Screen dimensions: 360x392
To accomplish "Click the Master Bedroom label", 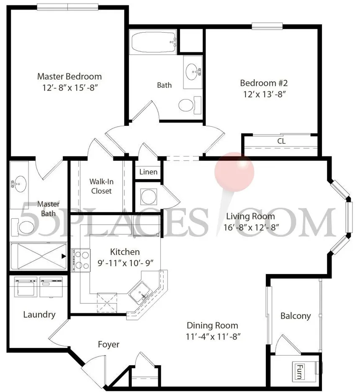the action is (69, 77).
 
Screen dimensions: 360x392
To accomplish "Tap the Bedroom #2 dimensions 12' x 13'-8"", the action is (265, 94).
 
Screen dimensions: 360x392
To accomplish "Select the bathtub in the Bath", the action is (153, 42).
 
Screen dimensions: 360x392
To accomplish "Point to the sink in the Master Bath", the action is (19, 184).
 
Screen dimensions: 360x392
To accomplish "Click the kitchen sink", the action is (140, 293).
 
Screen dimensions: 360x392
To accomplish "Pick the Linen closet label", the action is (148, 172).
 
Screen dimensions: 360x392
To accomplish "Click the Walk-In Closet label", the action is (101, 186).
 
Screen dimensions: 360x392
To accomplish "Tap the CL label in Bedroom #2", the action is (281, 141).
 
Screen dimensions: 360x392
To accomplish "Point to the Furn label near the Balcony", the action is (299, 372).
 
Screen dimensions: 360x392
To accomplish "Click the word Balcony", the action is (296, 316).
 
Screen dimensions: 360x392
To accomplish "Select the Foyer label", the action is (108, 344).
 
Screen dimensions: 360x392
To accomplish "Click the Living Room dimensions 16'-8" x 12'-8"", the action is (251, 228).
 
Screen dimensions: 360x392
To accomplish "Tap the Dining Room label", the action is (212, 325).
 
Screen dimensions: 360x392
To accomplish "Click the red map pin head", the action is (234, 172).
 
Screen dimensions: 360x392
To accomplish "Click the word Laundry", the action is (39, 315).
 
